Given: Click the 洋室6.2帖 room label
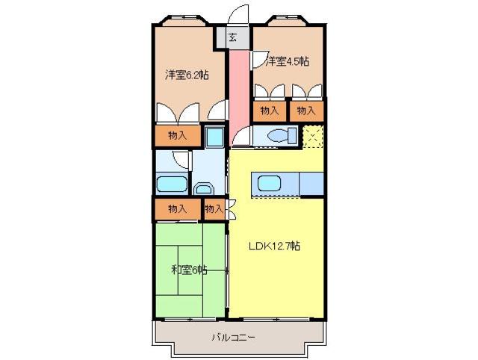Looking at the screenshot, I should (x=187, y=75).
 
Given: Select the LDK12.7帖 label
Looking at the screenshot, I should (x=275, y=246).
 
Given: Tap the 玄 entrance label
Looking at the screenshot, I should (x=233, y=37).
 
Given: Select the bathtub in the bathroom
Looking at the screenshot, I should (x=172, y=184).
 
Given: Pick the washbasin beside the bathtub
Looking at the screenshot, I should (x=203, y=187).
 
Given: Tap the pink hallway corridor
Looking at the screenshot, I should (x=238, y=90).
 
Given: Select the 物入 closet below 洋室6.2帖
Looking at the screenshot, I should (x=178, y=135).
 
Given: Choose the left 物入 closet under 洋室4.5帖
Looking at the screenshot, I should (x=270, y=111).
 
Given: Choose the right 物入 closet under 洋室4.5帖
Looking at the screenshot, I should (x=306, y=111).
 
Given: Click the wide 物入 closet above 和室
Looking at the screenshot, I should (x=177, y=209).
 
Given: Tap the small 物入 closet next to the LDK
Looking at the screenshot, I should (x=214, y=209).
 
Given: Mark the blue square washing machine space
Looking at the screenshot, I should (x=214, y=137).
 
